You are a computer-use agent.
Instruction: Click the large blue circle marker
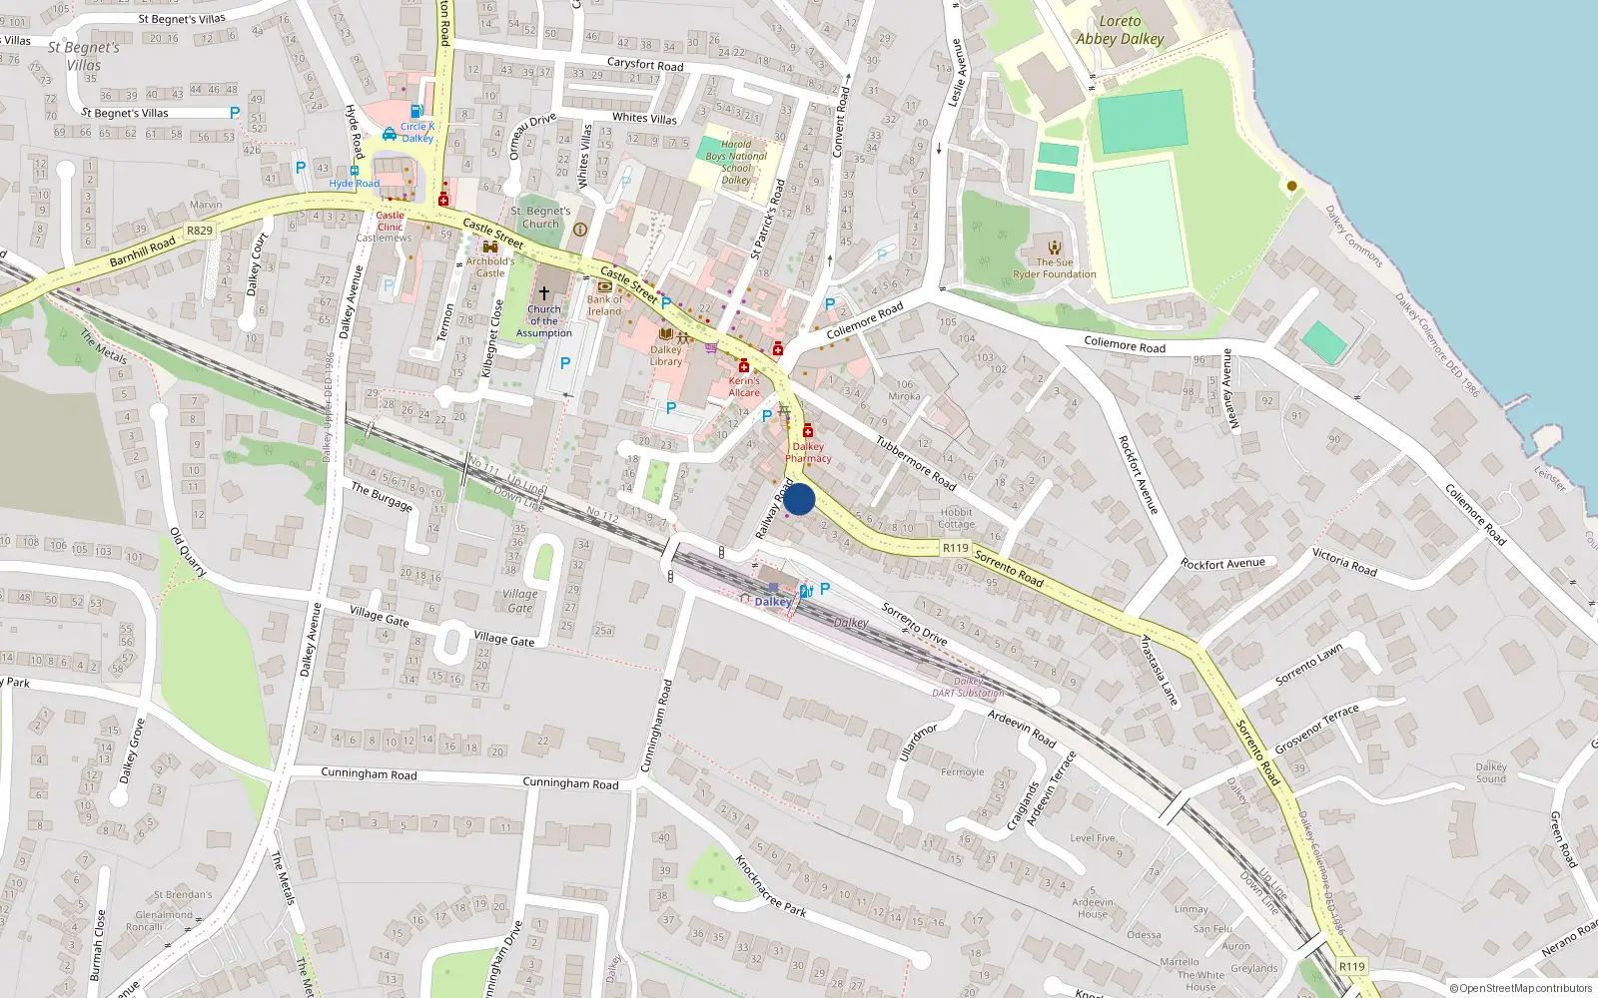[x=799, y=499]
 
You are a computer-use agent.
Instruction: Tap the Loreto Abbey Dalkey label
[x=1120, y=30]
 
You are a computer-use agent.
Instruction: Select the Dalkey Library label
[x=666, y=355]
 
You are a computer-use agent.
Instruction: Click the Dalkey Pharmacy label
[x=808, y=452]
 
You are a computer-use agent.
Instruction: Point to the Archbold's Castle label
[x=490, y=267]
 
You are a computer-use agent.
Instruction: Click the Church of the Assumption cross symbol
[x=544, y=293]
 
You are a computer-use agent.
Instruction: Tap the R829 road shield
[x=200, y=231]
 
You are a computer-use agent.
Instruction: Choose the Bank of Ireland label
[x=604, y=305]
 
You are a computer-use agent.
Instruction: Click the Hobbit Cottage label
[x=956, y=518]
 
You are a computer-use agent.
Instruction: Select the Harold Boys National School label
[x=736, y=162]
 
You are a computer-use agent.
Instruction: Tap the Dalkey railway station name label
[x=773, y=602]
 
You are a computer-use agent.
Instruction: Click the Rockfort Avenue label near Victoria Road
[x=1222, y=564]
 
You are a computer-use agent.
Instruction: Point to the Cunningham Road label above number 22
[x=570, y=783]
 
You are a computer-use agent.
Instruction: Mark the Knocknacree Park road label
[x=770, y=886]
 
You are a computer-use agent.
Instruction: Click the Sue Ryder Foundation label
[x=1055, y=268]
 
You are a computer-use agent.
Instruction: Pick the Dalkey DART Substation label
[x=968, y=687]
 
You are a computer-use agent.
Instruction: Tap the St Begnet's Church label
[x=540, y=218]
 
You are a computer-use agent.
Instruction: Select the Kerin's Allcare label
[x=744, y=386]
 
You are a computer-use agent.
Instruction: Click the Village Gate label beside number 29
[x=519, y=601]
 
